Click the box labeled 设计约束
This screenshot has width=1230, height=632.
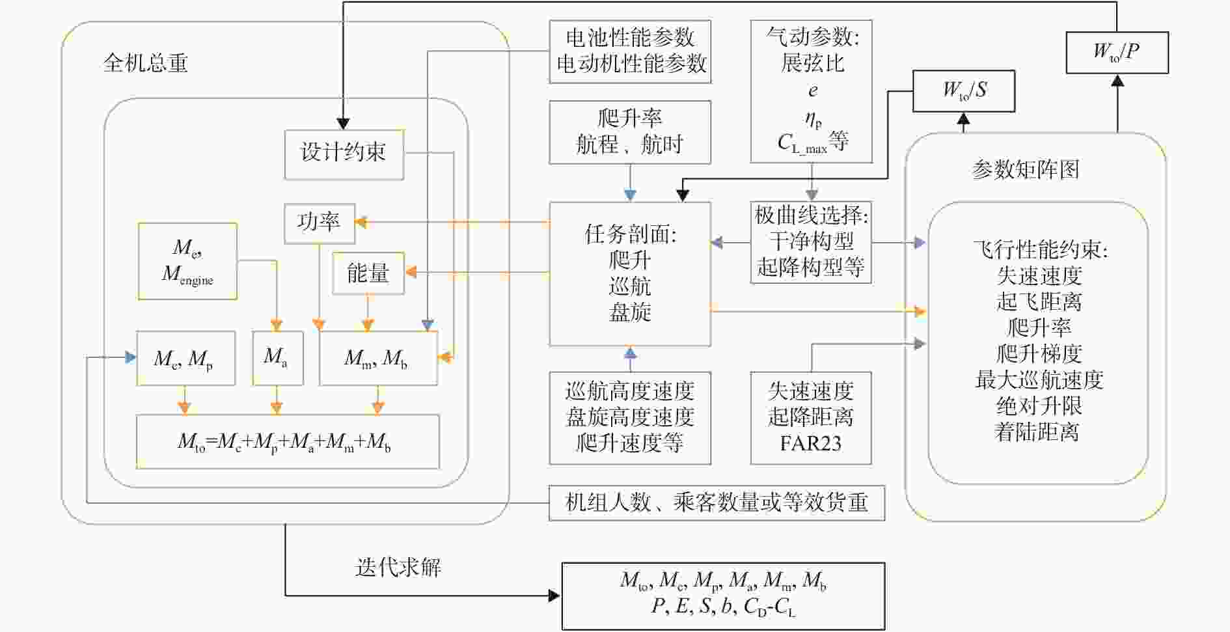(x=344, y=154)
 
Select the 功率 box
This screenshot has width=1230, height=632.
(x=319, y=223)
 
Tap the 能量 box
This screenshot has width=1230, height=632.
(x=368, y=273)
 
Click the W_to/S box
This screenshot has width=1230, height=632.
(x=964, y=90)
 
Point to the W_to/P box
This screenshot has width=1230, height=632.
(x=1117, y=52)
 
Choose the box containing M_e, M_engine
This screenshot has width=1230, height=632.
(x=187, y=261)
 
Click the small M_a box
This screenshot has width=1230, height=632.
(x=277, y=358)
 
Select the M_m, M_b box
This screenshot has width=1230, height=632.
(x=378, y=358)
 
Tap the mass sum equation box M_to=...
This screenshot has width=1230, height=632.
(x=288, y=442)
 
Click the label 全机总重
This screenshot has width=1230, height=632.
(x=145, y=63)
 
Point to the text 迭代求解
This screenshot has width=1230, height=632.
(x=398, y=568)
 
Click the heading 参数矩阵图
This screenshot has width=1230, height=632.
(x=1026, y=170)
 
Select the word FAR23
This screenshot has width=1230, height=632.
(x=811, y=444)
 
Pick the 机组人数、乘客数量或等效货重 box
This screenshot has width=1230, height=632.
(x=717, y=503)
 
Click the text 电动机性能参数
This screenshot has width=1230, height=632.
(x=631, y=64)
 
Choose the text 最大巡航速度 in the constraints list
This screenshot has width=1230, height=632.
(x=1039, y=379)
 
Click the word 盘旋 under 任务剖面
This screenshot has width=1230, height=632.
(x=630, y=312)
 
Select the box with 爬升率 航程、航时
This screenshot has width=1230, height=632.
(x=630, y=132)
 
